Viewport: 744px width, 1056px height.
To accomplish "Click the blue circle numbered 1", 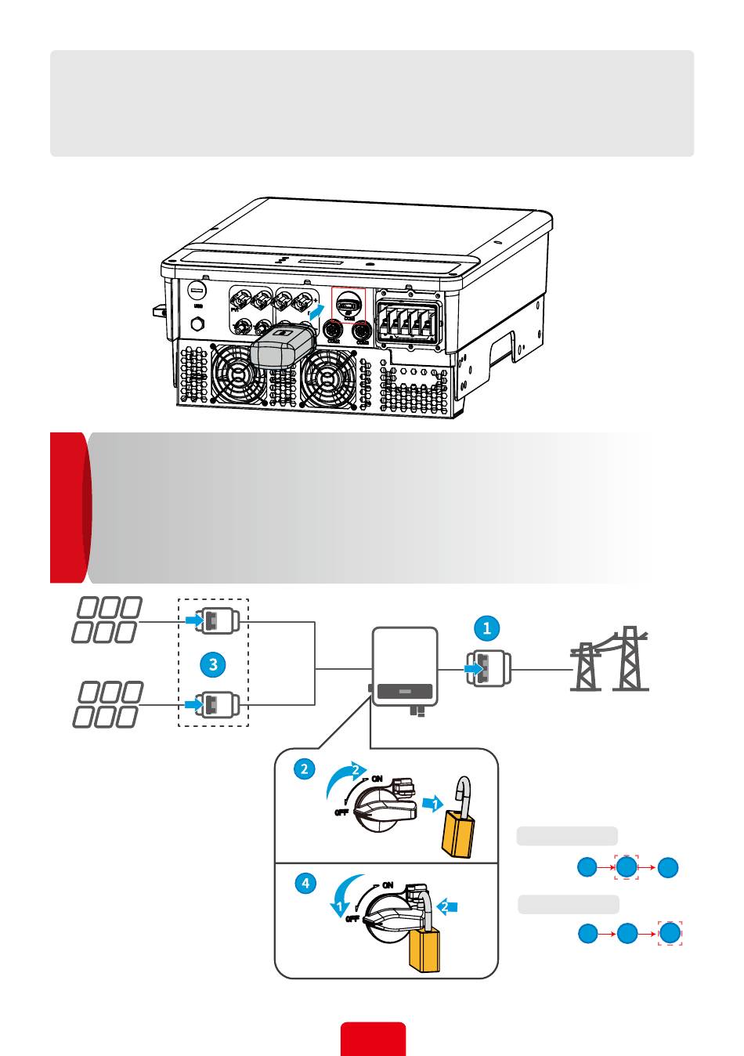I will pyautogui.click(x=487, y=627).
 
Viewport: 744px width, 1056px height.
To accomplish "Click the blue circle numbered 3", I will pyautogui.click(x=212, y=665).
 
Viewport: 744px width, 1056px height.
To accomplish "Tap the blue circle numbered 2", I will pyautogui.click(x=305, y=768).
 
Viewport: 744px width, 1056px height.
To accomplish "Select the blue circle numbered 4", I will pyautogui.click(x=305, y=883).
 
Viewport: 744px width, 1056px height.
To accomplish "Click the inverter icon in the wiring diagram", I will pyautogui.click(x=404, y=667).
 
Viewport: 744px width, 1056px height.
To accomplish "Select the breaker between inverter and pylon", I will pyautogui.click(x=489, y=670).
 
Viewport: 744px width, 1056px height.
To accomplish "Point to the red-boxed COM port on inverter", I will pyautogui.click(x=349, y=304).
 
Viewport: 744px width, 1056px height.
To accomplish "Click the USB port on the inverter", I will pyautogui.click(x=197, y=290).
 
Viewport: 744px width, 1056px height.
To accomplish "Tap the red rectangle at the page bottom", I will pyautogui.click(x=373, y=1039).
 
